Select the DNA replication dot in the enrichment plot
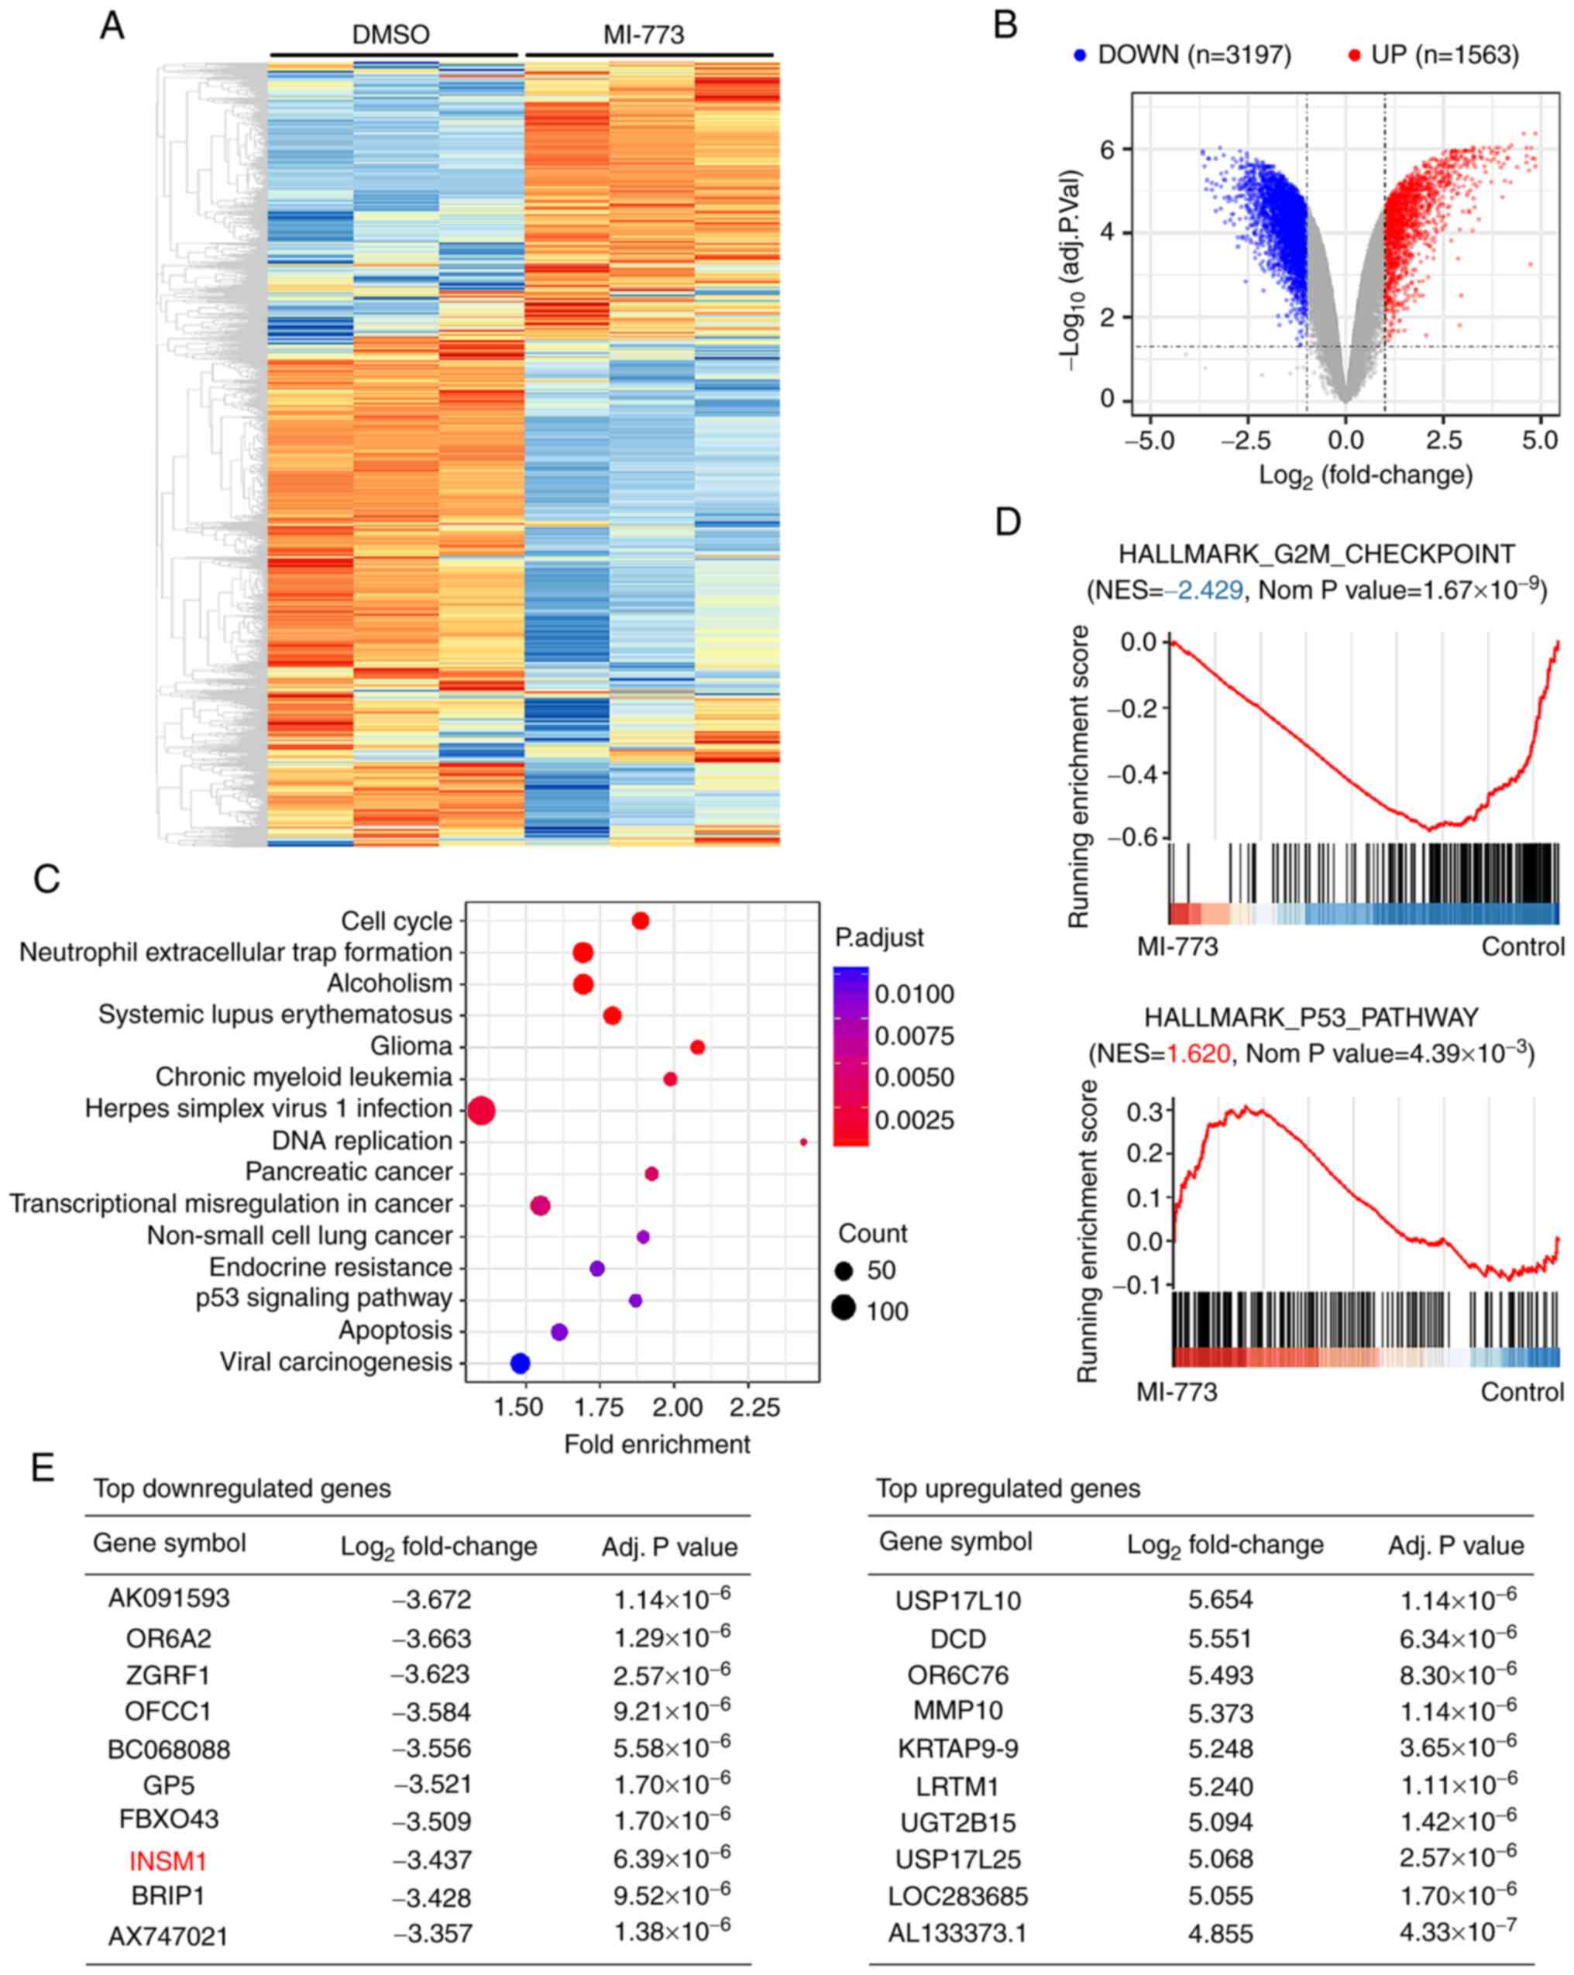pyautogui.click(x=803, y=1142)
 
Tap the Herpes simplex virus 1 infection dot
pyautogui.click(x=482, y=1111)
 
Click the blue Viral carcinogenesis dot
pyautogui.click(x=520, y=1363)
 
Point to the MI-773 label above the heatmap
pyautogui.click(x=643, y=35)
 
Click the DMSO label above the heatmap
pyautogui.click(x=390, y=35)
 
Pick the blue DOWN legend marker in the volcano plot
pyautogui.click(x=1080, y=56)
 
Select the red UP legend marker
pyautogui.click(x=1354, y=56)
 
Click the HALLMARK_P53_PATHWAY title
pyautogui.click(x=1311, y=1018)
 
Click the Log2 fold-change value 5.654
pyautogui.click(x=1219, y=1600)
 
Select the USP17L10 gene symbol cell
pyautogui.click(x=957, y=1601)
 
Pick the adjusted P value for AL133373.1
pyautogui.click(x=1457, y=1934)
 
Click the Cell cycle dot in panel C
pyautogui.click(x=641, y=921)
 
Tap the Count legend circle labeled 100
pyautogui.click(x=844, y=1308)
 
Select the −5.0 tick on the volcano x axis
pyautogui.click(x=1150, y=441)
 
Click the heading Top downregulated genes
pyautogui.click(x=242, y=1489)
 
